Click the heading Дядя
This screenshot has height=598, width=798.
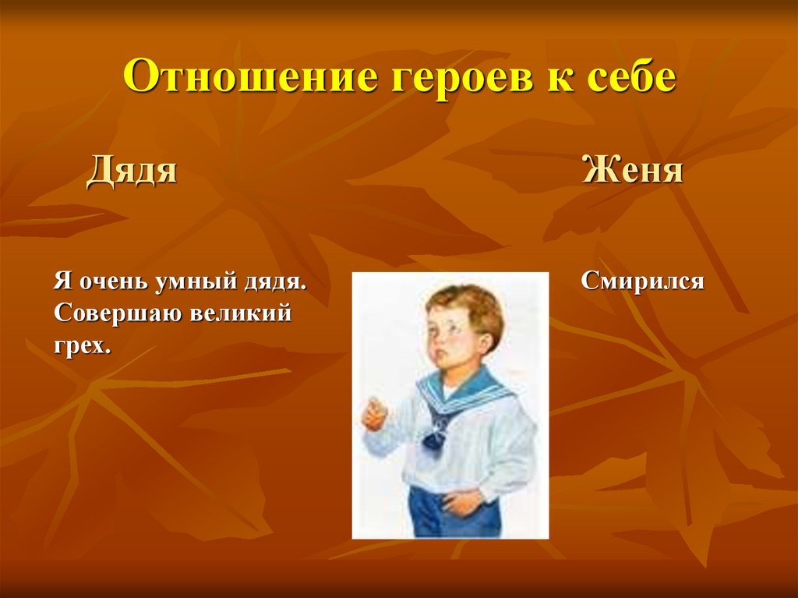coord(132,170)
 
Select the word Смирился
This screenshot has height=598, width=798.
coord(642,281)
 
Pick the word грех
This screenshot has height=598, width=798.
coord(82,346)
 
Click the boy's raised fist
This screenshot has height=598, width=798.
coord(375,413)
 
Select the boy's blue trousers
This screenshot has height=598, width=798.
coord(453,512)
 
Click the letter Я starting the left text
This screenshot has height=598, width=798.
coord(62,281)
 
